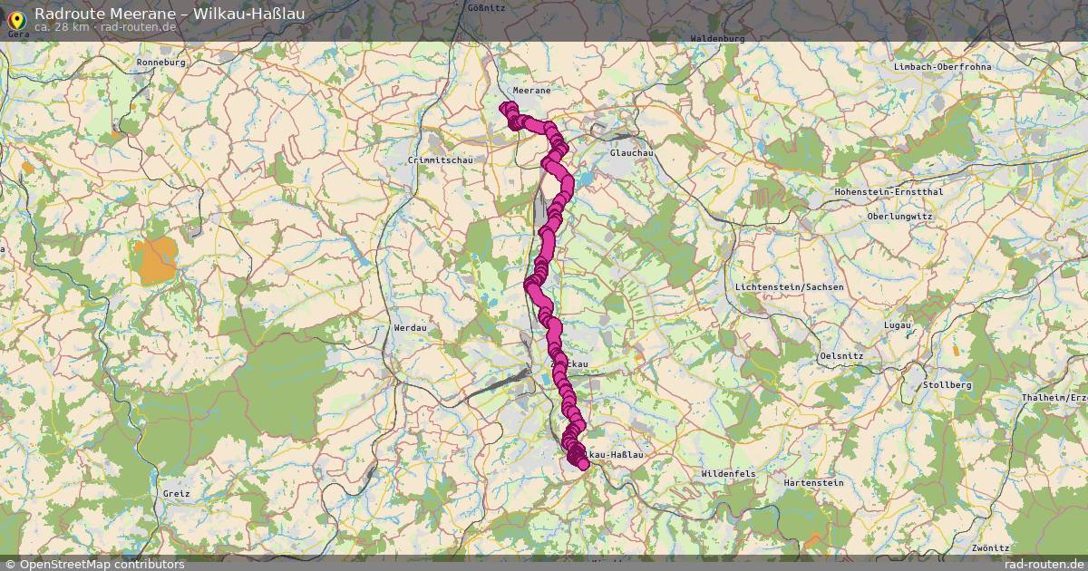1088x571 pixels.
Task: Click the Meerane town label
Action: [531, 91]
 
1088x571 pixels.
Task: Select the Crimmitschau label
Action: [441, 160]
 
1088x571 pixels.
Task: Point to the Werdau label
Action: [410, 326]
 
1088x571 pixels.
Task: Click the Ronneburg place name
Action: [160, 63]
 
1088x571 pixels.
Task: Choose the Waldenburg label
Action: [717, 39]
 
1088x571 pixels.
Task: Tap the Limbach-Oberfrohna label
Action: [942, 67]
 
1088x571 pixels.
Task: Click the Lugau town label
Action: [898, 324]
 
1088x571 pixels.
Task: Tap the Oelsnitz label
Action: [840, 356]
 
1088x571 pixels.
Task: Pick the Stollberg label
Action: [946, 385]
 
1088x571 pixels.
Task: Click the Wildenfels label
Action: [728, 474]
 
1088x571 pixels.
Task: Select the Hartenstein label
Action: [813, 483]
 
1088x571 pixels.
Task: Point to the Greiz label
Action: [177, 494]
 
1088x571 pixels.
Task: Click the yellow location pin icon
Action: [15, 17]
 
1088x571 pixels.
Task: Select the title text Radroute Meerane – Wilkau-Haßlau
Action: [170, 14]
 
